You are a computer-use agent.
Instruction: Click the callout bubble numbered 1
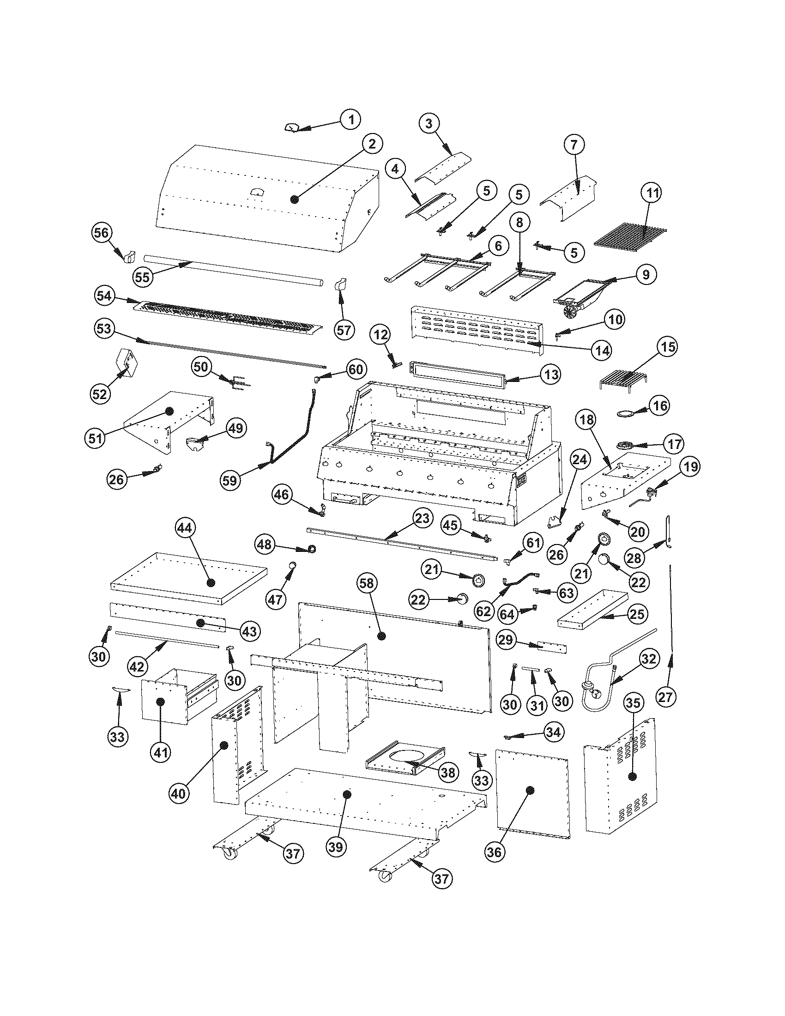click(x=351, y=119)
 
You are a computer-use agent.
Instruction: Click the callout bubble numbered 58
click(x=367, y=583)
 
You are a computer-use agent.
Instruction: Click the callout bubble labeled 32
click(x=648, y=659)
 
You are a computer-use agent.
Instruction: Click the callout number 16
click(x=659, y=405)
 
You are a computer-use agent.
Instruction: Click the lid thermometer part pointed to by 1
click(x=292, y=128)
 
